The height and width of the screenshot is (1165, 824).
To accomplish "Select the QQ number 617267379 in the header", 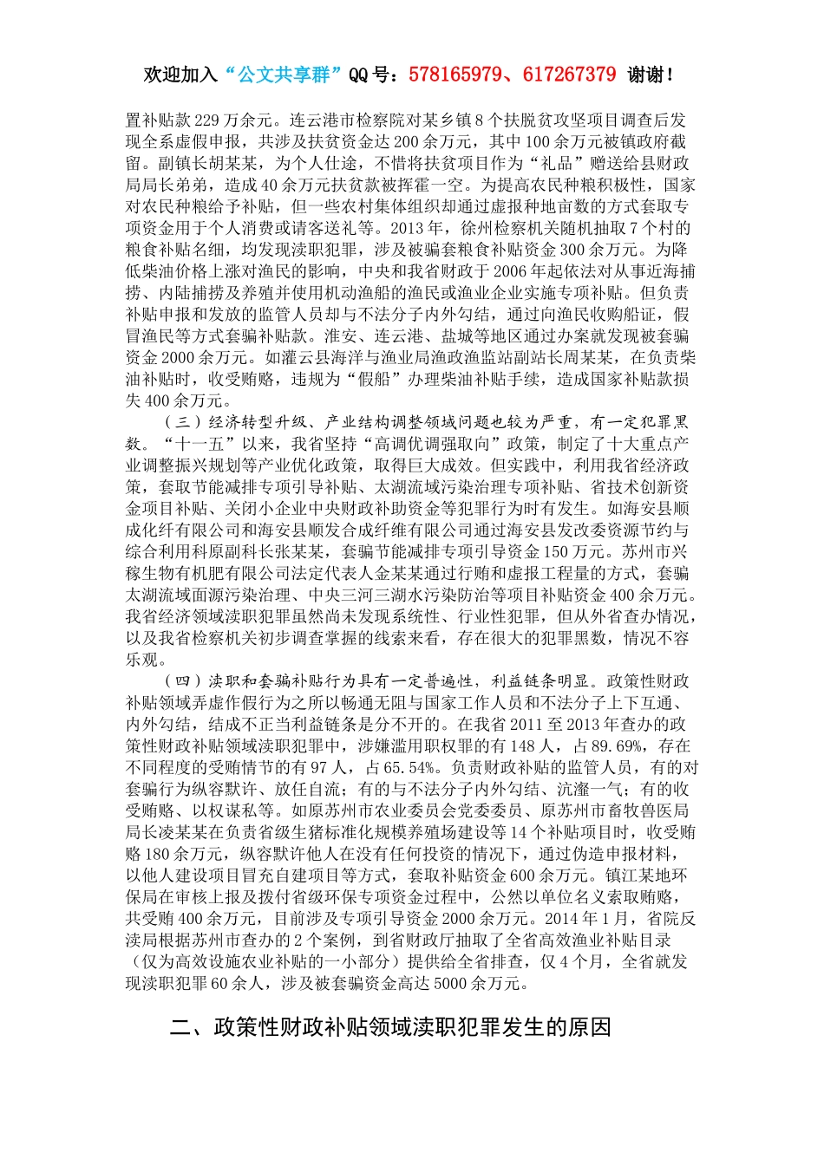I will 569,75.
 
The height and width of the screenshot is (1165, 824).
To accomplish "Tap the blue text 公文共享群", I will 284,75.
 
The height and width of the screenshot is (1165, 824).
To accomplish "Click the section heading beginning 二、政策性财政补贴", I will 390,1028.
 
